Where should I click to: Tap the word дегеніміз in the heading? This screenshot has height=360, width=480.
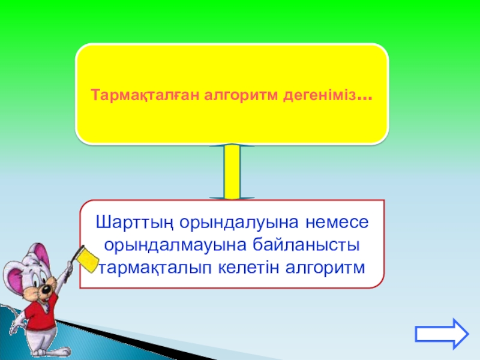coord(320,95)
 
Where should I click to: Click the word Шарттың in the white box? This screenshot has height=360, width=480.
coord(134,223)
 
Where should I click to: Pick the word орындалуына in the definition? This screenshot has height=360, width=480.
coord(239,223)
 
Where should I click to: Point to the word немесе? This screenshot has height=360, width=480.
coord(337,223)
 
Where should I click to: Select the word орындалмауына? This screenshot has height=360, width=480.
coord(175,245)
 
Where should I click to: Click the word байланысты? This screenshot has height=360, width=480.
coord(306,245)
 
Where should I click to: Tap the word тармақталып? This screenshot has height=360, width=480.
coord(156,268)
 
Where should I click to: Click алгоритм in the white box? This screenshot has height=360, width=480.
coord(325,268)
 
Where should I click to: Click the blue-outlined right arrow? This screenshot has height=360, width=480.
coord(442,334)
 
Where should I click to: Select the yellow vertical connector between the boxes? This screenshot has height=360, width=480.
coord(232,172)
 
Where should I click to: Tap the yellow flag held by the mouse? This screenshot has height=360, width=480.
coord(88,260)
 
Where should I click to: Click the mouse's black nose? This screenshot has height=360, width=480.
coord(46,289)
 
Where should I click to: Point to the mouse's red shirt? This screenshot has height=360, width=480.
coord(41,312)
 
